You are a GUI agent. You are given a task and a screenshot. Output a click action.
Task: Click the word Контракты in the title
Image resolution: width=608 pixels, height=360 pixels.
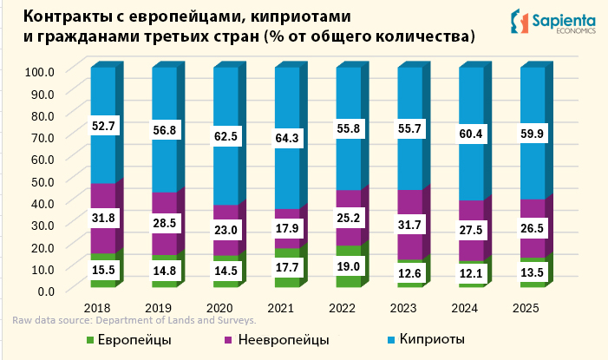point(67,17)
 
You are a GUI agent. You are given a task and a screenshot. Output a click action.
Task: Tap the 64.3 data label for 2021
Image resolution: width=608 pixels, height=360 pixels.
point(287,138)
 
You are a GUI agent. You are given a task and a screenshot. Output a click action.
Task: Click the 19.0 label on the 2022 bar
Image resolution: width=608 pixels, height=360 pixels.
point(349,266)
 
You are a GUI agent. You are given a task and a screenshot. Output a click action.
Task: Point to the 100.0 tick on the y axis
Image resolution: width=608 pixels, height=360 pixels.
point(41,71)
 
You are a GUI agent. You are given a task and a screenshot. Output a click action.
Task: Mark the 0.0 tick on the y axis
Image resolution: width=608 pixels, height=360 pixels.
point(47,290)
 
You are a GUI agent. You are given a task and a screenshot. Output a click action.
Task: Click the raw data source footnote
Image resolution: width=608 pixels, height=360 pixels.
point(134,321)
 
